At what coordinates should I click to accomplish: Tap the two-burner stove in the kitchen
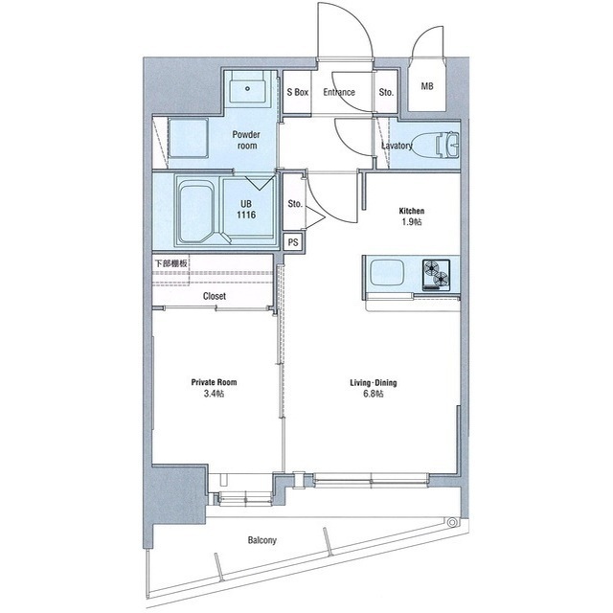click(436, 275)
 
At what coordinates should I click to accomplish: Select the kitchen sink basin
click(387, 272)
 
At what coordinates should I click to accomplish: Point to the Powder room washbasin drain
click(247, 89)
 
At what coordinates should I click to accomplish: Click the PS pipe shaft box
click(293, 242)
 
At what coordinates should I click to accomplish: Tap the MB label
click(427, 86)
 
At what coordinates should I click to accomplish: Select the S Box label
click(298, 92)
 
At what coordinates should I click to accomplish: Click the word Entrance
click(339, 92)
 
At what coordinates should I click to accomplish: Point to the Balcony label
click(261, 540)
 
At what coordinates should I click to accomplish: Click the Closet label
click(215, 296)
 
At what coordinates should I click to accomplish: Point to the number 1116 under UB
click(246, 215)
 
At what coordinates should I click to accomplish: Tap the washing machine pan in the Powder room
click(188, 138)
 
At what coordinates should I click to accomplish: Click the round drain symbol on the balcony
click(452, 522)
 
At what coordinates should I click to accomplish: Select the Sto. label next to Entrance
click(386, 92)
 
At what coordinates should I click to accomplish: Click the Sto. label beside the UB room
click(295, 204)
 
